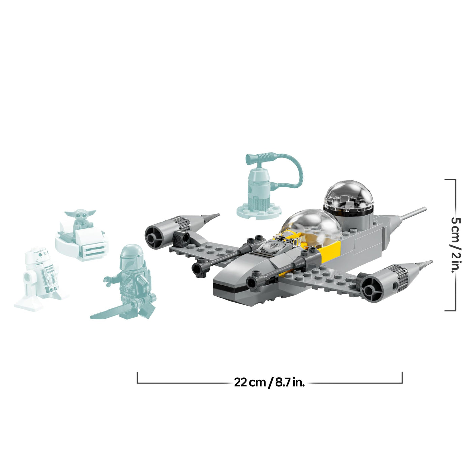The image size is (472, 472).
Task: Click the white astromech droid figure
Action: tap(40, 276)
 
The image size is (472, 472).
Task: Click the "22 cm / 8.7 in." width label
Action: tap(269, 382)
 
